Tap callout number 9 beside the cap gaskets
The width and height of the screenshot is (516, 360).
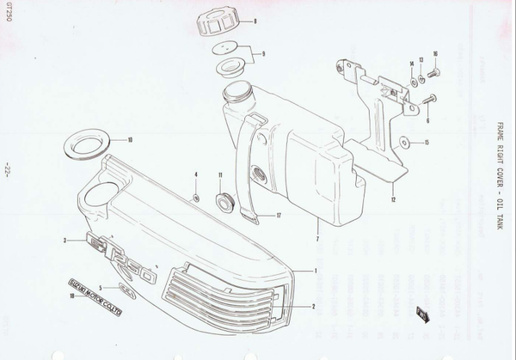(x=263, y=55)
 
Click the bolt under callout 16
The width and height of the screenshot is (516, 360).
(x=433, y=76)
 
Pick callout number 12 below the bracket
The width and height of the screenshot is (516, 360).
(x=392, y=199)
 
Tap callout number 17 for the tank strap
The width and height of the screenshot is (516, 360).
(x=279, y=216)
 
